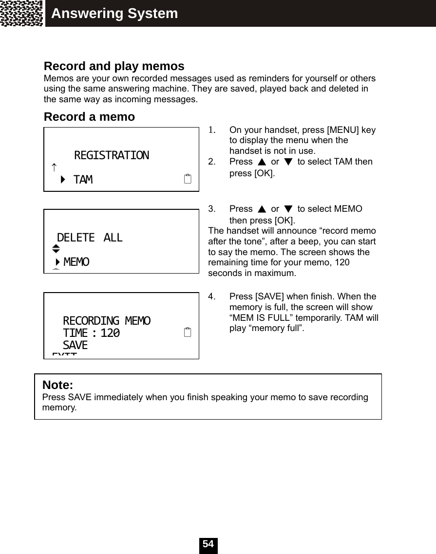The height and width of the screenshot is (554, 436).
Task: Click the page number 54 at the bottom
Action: [208, 544]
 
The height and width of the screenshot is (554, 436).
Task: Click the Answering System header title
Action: [114, 14]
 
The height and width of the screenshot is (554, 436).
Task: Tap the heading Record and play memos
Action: [114, 66]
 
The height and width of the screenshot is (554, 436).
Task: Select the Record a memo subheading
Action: [89, 117]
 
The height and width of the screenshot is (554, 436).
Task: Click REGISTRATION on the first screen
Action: [112, 155]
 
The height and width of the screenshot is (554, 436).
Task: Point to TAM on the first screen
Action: [83, 180]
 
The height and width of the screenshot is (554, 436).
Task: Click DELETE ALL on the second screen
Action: [90, 238]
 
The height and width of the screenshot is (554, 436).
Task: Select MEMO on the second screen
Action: [76, 262]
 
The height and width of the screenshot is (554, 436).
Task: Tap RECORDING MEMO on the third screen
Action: [107, 321]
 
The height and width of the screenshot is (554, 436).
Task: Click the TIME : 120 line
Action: [91, 333]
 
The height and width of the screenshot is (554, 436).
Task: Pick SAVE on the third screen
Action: [76, 345]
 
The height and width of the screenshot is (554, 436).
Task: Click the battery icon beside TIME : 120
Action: [188, 333]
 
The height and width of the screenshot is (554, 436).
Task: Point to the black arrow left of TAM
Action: [63, 180]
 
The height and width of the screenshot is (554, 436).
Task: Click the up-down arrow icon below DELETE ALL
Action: [56, 249]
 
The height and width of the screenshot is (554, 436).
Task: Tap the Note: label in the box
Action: [57, 386]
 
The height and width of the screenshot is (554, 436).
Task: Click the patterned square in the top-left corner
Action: [22, 13]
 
